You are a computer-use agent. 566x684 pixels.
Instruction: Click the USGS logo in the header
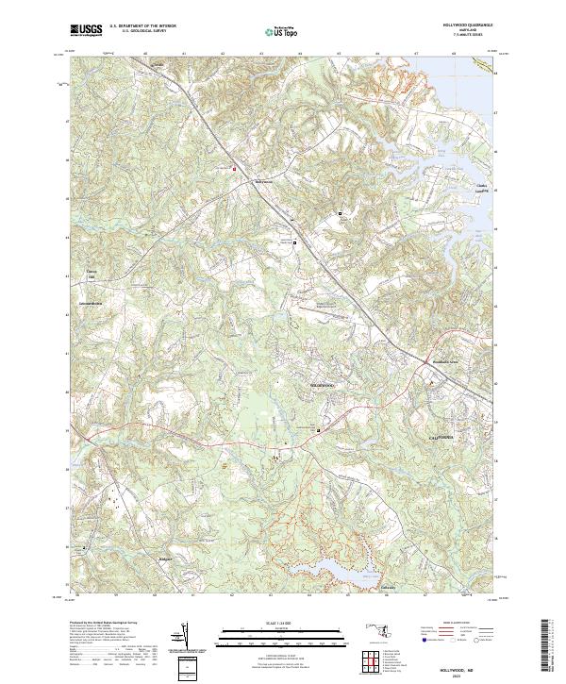86,31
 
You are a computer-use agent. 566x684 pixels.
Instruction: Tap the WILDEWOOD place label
323,386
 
